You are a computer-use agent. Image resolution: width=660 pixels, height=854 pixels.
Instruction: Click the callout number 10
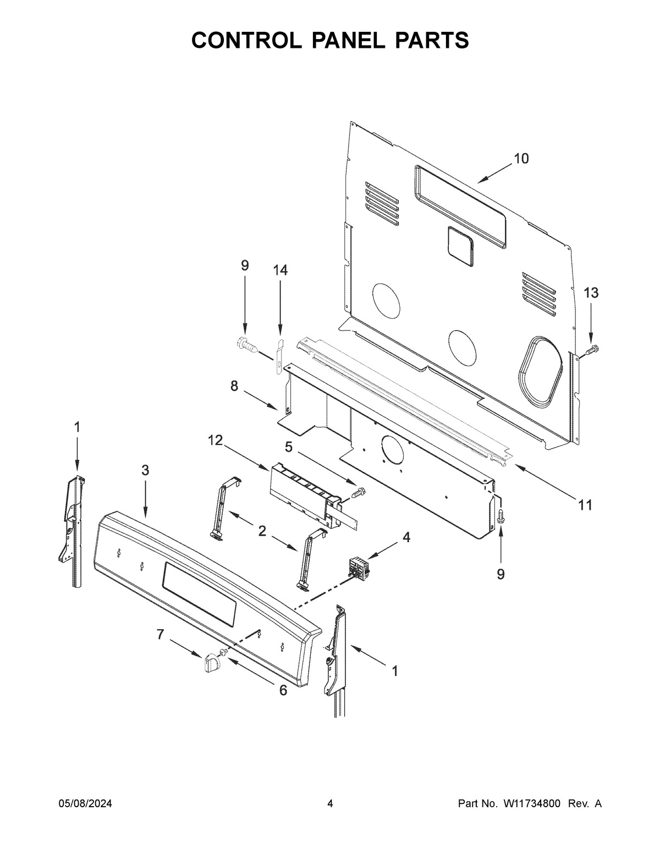coord(521,159)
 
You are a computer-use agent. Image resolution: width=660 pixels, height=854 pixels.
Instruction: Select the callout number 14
coord(280,270)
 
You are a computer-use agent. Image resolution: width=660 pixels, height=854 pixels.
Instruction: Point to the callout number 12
coord(215,440)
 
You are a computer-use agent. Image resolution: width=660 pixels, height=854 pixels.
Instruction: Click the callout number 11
coord(585,505)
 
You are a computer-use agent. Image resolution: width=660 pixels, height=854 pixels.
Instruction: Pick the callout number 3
coord(145,470)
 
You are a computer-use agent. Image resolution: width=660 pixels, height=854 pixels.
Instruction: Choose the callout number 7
coord(160,635)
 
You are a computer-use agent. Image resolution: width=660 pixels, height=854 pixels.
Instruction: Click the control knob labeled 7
coord(211,662)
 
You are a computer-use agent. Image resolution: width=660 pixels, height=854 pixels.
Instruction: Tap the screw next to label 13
coord(592,349)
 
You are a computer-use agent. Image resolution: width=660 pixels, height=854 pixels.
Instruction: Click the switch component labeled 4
coord(358,568)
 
